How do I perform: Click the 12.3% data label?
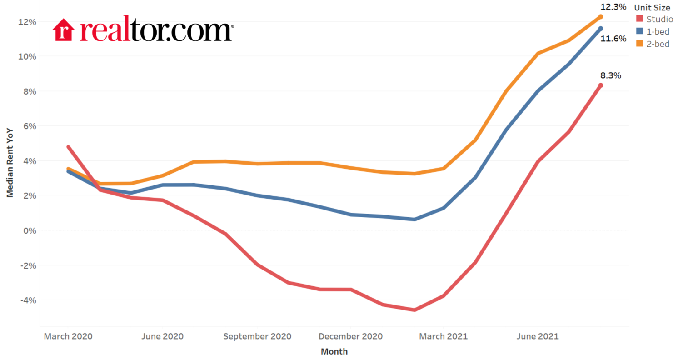pyautogui.click(x=613, y=7)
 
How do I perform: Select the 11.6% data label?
pyautogui.click(x=613, y=39)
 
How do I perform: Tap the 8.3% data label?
pyautogui.click(x=610, y=75)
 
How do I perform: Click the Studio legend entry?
pyautogui.click(x=659, y=19)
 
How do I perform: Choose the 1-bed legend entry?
pyautogui.click(x=658, y=31)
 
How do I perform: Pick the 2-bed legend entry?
pyautogui.click(x=658, y=44)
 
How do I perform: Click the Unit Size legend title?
pyautogui.click(x=652, y=8)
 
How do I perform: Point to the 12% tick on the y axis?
pyautogui.click(x=27, y=22)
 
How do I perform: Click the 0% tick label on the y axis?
pyautogui.click(x=30, y=230)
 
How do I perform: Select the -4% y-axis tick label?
pyautogui.click(x=28, y=300)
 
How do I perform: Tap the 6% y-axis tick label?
pyautogui.click(x=30, y=126)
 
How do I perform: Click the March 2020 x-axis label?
pyautogui.click(x=68, y=336)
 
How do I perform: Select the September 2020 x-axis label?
pyautogui.click(x=257, y=336)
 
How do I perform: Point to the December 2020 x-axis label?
pyautogui.click(x=350, y=336)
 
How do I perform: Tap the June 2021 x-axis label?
pyautogui.click(x=538, y=336)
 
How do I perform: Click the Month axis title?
pyautogui.click(x=334, y=351)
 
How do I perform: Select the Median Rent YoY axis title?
pyautogui.click(x=10, y=163)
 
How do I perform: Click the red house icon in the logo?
pyautogui.click(x=64, y=30)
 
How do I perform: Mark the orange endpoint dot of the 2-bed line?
pyautogui.click(x=600, y=17)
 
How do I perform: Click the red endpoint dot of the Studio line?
pyautogui.click(x=600, y=85)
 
